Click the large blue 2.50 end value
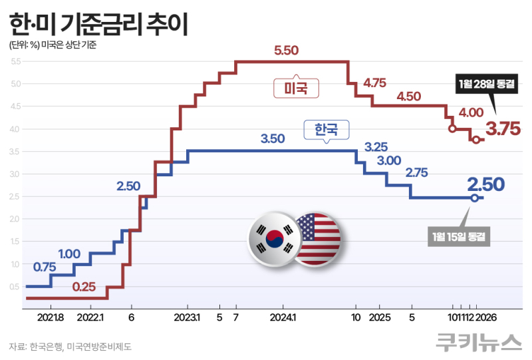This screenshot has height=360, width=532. [485, 184]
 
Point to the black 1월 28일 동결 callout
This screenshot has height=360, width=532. [486, 84]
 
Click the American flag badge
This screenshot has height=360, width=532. [317, 238]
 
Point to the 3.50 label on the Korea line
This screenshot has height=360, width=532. [273, 139]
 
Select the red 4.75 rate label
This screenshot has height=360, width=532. [374, 83]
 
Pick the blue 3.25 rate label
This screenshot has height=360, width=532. [376, 146]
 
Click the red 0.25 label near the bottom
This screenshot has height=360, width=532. [84, 287]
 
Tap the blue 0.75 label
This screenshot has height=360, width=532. [45, 267]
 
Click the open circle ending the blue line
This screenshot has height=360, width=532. [474, 198]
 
